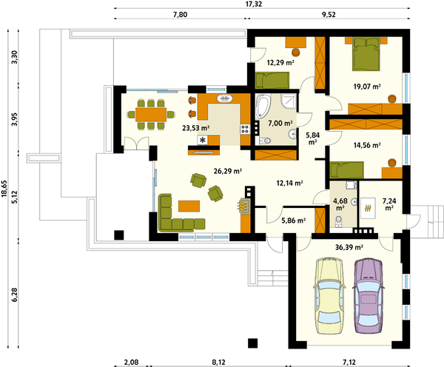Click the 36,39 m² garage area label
[349, 247]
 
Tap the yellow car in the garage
[331, 296]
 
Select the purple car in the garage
[368, 296]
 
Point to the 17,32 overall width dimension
[254, 4]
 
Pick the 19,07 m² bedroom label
[367, 87]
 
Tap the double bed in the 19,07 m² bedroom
[366, 54]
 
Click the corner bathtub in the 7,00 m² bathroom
[263, 106]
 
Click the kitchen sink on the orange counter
[225, 98]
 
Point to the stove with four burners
[245, 129]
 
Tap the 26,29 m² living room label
[227, 171]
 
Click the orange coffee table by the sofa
[189, 206]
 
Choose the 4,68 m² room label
[340, 204]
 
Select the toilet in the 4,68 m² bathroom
[338, 221]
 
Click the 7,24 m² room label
[389, 204]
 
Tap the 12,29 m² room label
[280, 62]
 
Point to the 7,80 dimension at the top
[180, 15]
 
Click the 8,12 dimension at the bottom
[218, 362]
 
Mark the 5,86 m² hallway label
[293, 220]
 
